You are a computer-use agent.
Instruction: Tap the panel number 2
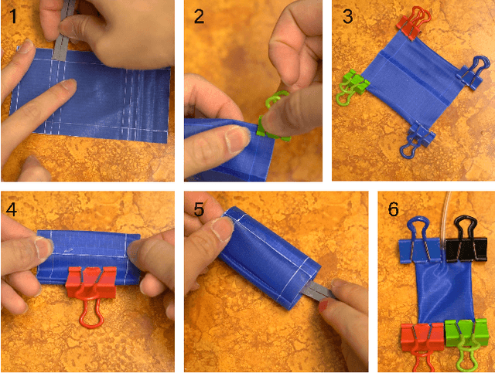[x=200, y=15]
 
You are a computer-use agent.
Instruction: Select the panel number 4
[x=12, y=209]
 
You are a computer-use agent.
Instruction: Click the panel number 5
[x=199, y=209]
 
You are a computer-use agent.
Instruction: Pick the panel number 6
[x=394, y=209]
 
